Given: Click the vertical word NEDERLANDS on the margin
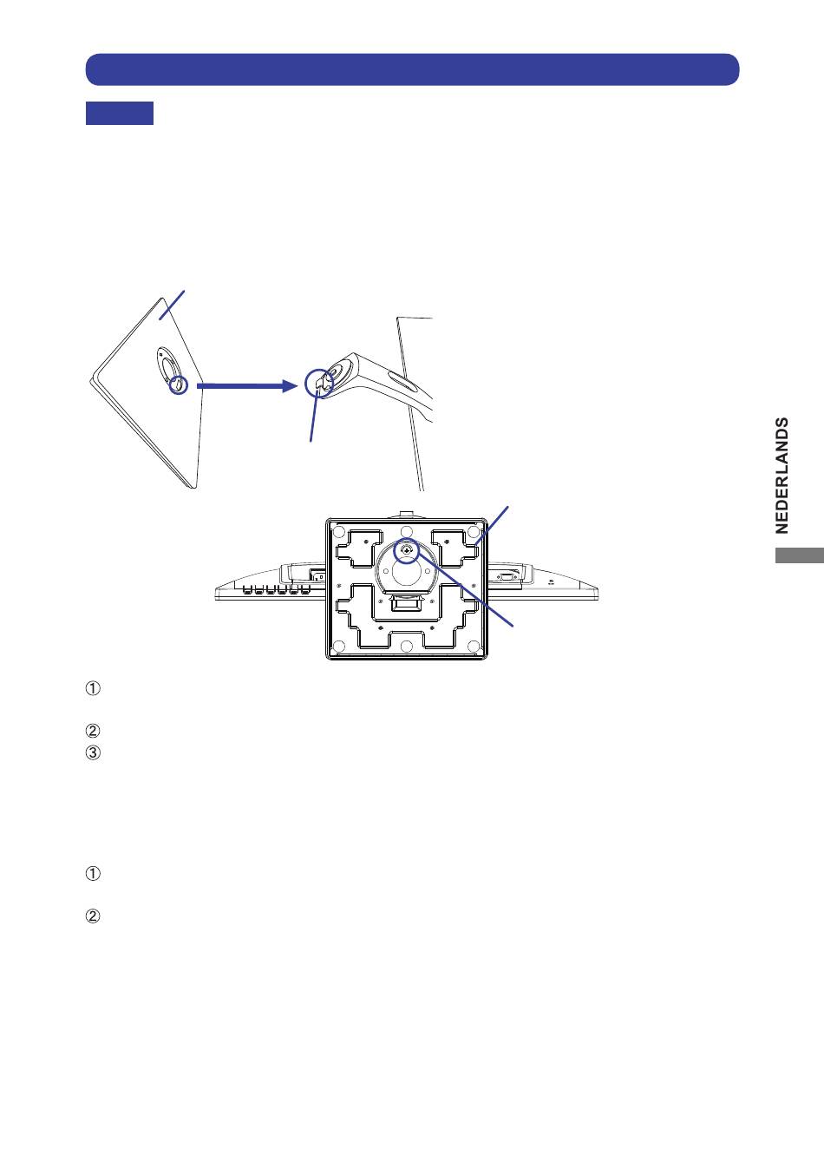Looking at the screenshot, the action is point(782,476).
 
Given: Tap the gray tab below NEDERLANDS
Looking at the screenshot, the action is point(799,555).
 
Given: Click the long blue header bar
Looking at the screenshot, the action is point(412,69).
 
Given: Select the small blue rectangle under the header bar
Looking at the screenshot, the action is point(120,113).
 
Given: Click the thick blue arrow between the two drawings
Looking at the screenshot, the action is point(247,386).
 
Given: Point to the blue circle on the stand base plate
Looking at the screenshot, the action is point(179,385).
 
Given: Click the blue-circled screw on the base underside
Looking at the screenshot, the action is point(406,550).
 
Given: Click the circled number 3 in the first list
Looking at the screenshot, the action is point(93,752).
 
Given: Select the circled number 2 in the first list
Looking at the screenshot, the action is point(93,731).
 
